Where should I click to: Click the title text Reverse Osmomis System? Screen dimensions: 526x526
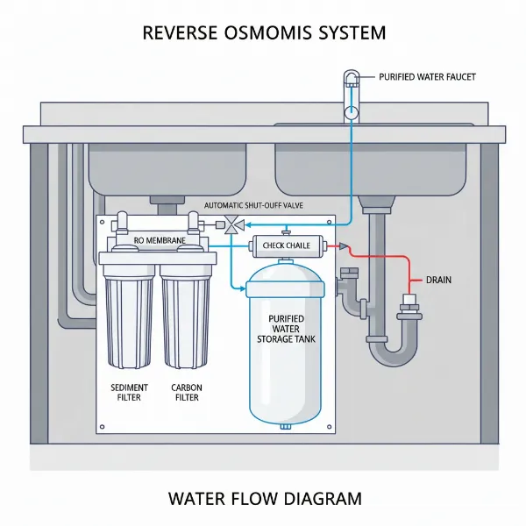coord(263,34)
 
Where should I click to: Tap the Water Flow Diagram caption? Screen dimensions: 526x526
coord(263,500)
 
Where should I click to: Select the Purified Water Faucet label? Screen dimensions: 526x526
coord(427,78)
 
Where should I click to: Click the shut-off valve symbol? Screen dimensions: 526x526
coord(233,224)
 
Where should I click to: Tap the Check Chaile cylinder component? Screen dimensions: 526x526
coord(286,245)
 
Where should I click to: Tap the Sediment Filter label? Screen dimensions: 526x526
coord(130,392)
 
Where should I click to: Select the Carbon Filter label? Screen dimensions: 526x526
coord(185,392)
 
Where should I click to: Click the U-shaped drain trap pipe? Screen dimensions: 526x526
coord(390,351)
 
